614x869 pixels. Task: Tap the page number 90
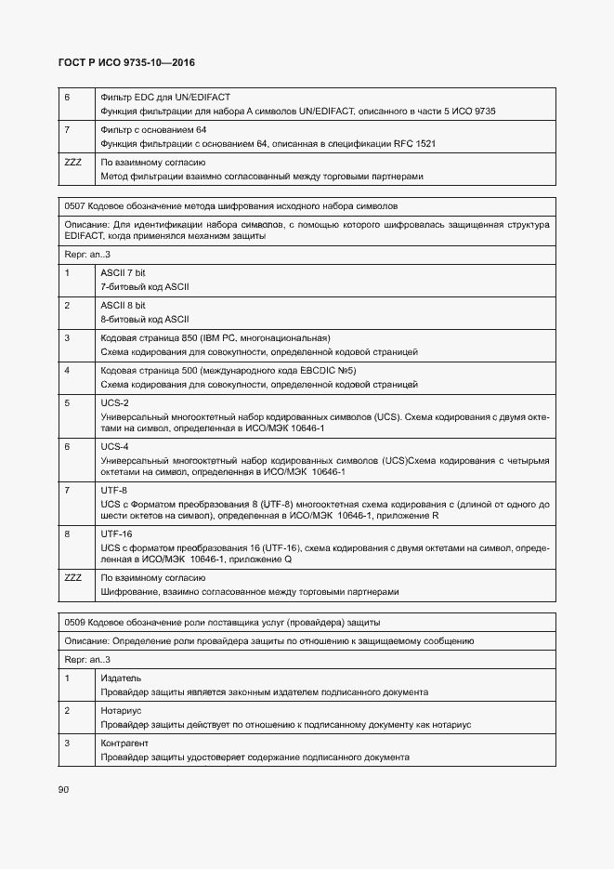coord(64,789)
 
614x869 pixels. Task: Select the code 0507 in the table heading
coord(75,204)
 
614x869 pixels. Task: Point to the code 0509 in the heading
coord(75,622)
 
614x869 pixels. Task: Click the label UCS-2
coord(114,402)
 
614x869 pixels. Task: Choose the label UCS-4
coord(114,447)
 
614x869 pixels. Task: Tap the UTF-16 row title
coord(117,534)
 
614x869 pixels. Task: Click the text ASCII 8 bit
coord(124,305)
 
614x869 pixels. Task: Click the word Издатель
coord(120,678)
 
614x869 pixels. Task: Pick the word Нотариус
coord(121,711)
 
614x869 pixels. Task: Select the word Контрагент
coord(124,744)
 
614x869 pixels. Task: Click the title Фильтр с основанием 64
coord(153,130)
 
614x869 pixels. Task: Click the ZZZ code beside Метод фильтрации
coord(72,163)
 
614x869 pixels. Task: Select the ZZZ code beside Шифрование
coord(72,577)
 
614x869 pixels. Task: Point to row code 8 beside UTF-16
coord(68,534)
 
